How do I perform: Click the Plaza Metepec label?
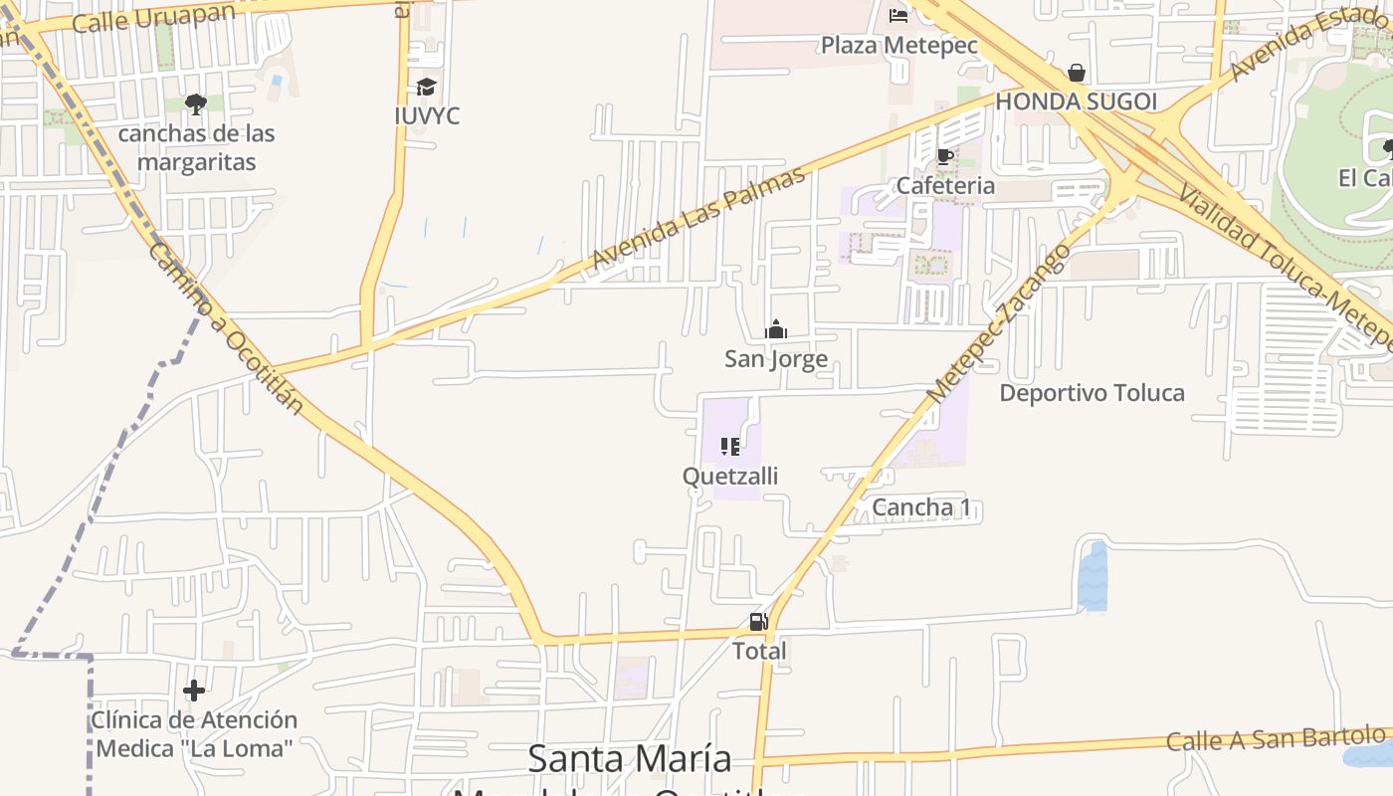[x=898, y=46]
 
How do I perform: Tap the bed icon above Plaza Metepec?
[x=898, y=15]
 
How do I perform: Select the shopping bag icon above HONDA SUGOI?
[x=1076, y=73]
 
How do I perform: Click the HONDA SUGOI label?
[x=1076, y=101]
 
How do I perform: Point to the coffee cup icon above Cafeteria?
[x=944, y=157]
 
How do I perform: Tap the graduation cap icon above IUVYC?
[x=426, y=88]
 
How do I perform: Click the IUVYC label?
[x=426, y=116]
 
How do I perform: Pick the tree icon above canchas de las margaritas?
[x=196, y=103]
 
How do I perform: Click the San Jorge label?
[x=775, y=359]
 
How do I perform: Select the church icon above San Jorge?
[x=775, y=329]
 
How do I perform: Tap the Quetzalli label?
[x=730, y=477]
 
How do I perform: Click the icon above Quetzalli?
[x=730, y=447]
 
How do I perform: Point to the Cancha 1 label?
[x=921, y=508]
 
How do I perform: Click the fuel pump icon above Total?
[x=759, y=623]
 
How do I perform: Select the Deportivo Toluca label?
[x=1092, y=393]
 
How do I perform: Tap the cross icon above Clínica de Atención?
[x=194, y=690]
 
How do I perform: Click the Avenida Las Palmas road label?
[x=696, y=218]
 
